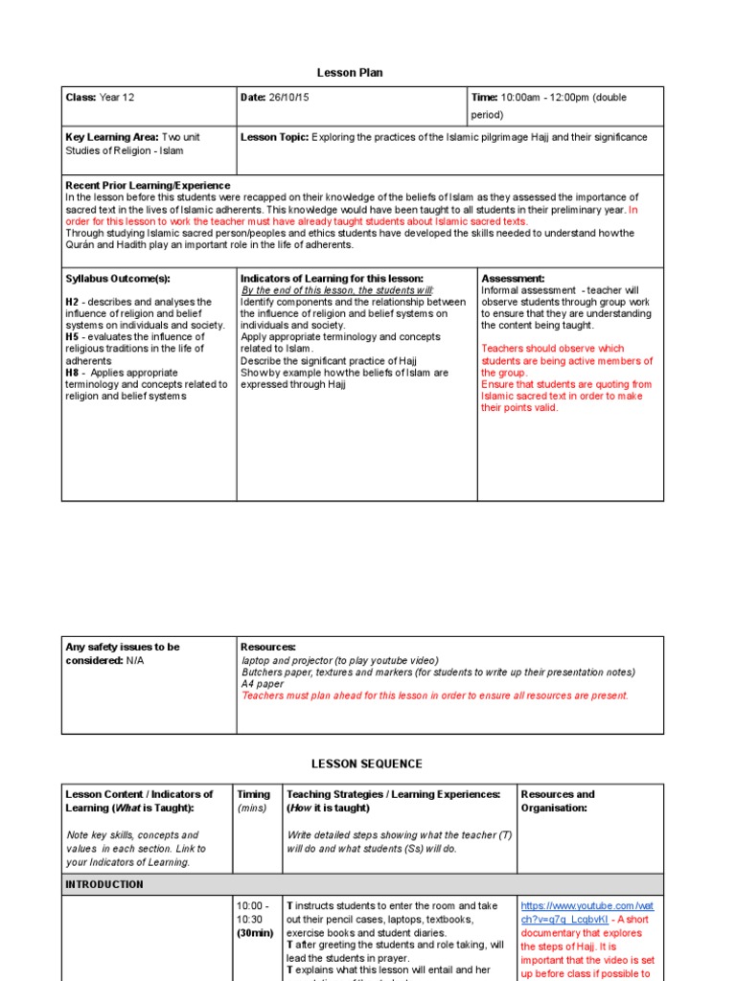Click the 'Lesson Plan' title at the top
350,73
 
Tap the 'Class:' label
80,98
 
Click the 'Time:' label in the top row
484,98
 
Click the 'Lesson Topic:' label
274,137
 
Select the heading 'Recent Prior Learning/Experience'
147,185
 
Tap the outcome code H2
72,302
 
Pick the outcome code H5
72,337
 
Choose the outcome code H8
72,373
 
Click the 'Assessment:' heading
513,279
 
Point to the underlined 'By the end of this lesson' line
336,290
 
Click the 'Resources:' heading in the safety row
268,648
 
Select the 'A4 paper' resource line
263,684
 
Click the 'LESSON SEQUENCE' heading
366,764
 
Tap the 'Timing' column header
253,794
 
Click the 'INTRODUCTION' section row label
104,884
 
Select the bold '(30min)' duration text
256,933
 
